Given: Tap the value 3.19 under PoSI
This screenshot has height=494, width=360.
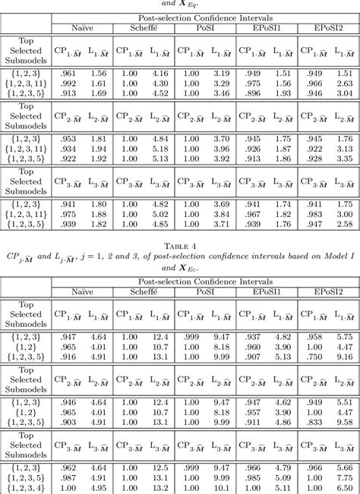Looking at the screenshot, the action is [x=221, y=73].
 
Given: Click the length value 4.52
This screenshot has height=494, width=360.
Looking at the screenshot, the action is [x=159, y=94].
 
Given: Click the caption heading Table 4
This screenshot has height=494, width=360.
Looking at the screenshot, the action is [x=179, y=244].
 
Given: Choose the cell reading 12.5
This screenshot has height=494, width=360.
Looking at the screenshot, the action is [x=159, y=467].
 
